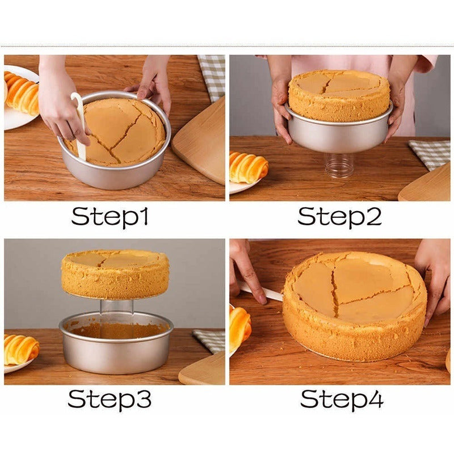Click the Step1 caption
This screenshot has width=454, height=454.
tap(110, 217)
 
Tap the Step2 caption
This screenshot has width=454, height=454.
tap(339, 217)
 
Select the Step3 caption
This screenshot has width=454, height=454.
tap(110, 400)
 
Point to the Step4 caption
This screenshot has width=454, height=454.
tap(342, 400)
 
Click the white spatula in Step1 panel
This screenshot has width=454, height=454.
tap(79, 127)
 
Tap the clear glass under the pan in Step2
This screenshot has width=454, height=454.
tap(339, 165)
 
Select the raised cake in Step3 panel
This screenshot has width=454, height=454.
tap(115, 274)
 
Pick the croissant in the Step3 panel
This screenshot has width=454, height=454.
tap(21, 350)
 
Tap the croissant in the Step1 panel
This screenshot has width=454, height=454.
tap(22, 92)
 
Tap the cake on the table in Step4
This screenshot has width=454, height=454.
tap(355, 306)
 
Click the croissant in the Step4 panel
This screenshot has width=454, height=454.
tap(239, 327)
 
